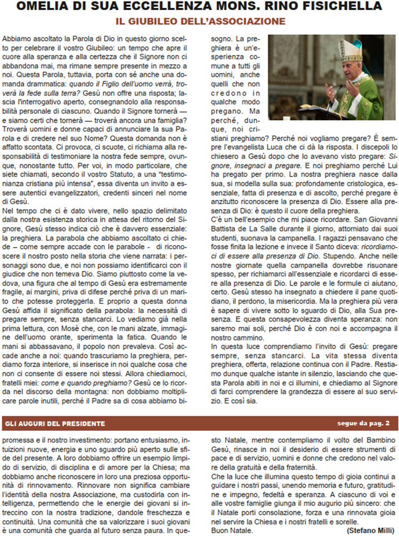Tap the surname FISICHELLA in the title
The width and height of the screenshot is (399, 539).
344,6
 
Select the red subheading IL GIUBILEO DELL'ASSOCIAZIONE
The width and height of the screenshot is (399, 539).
201,21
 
